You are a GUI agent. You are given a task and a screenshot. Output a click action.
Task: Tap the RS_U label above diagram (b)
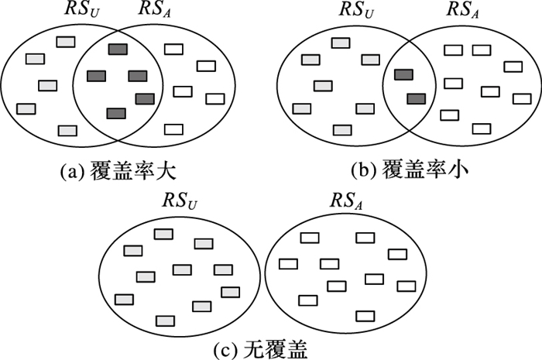(357, 12)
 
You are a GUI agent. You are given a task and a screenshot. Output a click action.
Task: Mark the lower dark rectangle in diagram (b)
(416, 98)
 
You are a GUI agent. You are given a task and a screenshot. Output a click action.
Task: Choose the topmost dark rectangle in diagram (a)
(118, 50)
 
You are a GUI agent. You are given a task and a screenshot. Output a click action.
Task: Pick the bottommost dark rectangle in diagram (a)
(115, 114)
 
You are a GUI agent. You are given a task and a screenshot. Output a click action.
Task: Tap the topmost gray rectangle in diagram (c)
(163, 233)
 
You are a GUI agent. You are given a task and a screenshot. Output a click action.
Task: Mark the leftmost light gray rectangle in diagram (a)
(26, 108)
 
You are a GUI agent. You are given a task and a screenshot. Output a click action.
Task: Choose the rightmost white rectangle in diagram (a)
(214, 98)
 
